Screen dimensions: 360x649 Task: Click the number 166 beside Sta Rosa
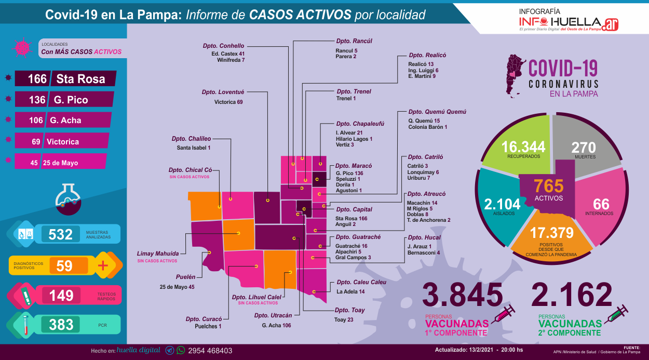click(37, 79)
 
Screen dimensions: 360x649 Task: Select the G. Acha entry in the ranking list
click(65, 120)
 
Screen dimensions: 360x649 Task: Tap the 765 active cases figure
click(548, 186)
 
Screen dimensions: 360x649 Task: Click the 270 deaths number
click(584, 147)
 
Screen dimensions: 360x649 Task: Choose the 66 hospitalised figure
click(601, 204)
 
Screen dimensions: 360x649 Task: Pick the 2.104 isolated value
click(499, 204)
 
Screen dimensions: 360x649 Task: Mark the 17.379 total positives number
click(551, 233)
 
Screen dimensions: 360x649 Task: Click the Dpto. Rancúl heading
click(354, 41)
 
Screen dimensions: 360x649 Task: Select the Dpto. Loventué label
click(223, 92)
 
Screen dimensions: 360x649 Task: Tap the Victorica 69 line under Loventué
click(228, 102)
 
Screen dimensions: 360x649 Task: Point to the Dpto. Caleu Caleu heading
click(361, 282)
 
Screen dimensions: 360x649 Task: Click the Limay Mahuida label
click(157, 253)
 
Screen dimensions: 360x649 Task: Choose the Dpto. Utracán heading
click(273, 315)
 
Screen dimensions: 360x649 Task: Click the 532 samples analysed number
click(61, 234)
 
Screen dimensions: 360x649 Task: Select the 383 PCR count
click(61, 325)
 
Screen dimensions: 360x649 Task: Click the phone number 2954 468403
click(210, 351)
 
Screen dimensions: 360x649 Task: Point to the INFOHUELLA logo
click(569, 22)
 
